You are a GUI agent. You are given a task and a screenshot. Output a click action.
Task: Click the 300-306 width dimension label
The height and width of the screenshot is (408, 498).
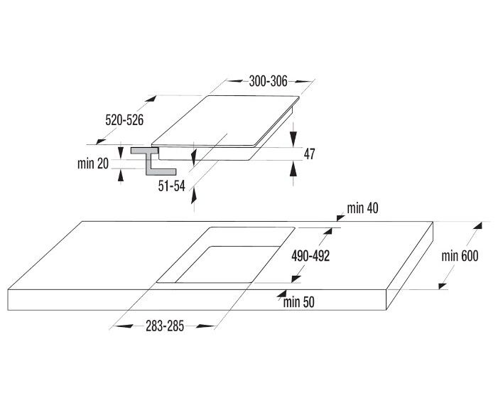click(x=268, y=81)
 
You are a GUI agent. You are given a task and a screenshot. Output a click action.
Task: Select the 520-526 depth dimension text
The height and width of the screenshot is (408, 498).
click(x=124, y=120)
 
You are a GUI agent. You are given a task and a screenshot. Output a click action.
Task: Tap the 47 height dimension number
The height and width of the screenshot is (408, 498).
click(x=309, y=154)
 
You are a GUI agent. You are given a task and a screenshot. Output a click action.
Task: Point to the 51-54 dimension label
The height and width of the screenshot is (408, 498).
click(x=171, y=186)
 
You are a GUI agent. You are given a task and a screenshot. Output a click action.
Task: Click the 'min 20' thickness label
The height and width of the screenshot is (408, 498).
click(x=93, y=163)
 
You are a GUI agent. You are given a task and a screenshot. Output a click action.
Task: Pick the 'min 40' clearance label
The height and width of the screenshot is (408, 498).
click(x=363, y=208)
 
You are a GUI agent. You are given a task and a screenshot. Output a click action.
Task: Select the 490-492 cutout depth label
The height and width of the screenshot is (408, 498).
click(x=310, y=256)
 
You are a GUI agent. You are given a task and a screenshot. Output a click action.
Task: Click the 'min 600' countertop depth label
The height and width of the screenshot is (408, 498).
click(x=460, y=256)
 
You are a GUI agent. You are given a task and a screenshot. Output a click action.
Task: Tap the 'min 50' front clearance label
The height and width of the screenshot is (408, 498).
click(x=299, y=302)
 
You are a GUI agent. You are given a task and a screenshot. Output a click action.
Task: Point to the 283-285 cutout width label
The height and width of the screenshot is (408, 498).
click(x=165, y=326)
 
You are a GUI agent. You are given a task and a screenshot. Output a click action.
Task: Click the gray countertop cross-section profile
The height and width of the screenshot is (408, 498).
click(x=153, y=161)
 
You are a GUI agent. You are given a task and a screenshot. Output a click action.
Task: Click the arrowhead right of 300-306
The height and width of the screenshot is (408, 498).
click(x=303, y=82)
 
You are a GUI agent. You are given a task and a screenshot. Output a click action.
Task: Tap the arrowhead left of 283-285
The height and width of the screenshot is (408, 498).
click(x=123, y=326)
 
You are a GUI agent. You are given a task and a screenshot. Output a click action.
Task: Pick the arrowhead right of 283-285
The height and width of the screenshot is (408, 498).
click(x=206, y=326)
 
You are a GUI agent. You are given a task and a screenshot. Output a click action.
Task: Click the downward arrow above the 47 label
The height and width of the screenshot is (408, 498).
click(x=293, y=139)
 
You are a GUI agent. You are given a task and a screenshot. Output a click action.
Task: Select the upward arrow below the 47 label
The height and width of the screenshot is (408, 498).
click(x=293, y=168)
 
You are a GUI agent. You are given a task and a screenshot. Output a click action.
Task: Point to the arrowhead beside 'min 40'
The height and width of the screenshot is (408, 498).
click(x=341, y=218)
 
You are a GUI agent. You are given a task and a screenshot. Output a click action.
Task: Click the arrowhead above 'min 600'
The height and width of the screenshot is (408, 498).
click(x=477, y=225)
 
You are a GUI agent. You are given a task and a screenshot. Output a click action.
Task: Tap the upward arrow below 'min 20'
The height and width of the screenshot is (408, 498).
click(x=121, y=176)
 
